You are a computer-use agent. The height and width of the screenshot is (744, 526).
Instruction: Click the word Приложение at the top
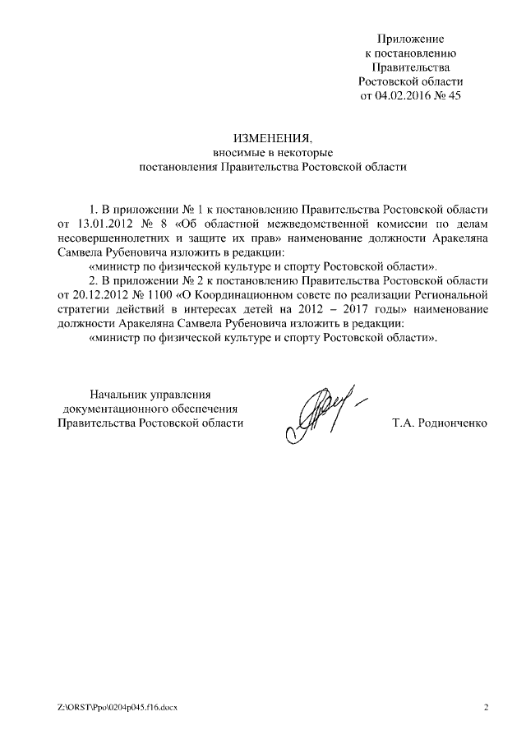(411, 39)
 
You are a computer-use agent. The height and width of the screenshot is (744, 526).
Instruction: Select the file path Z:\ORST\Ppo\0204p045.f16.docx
(118, 708)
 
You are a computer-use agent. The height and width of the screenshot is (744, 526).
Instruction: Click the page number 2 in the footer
(486, 708)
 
